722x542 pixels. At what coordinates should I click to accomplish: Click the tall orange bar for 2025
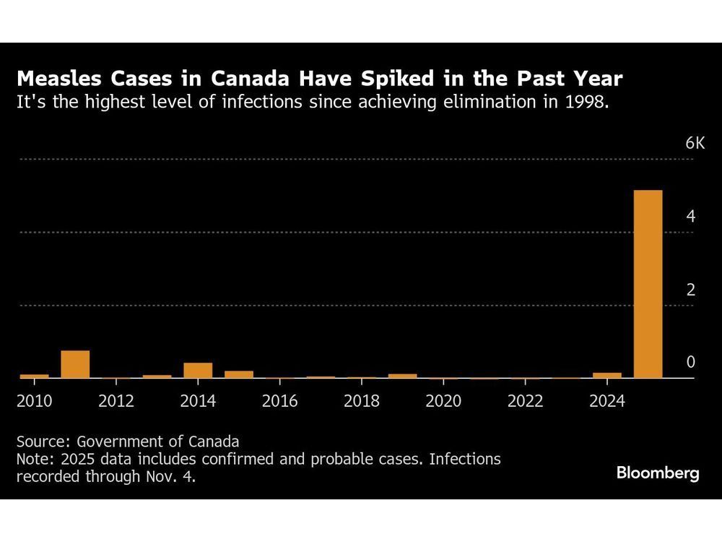648,284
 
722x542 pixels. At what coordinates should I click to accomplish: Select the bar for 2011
75,364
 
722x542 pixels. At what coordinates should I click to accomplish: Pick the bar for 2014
198,370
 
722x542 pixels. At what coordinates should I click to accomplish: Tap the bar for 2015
239,374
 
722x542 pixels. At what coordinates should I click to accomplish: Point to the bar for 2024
607,375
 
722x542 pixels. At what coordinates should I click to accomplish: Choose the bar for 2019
403,376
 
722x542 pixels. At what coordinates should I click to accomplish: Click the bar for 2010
34,376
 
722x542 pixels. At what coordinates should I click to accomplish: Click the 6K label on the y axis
695,144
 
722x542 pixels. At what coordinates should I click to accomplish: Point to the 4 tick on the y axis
690,217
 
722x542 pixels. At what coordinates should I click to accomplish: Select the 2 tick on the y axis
690,290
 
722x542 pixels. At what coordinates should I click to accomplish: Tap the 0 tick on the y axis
690,363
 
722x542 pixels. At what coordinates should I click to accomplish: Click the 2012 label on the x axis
116,401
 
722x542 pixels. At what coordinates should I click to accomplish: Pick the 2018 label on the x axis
361,401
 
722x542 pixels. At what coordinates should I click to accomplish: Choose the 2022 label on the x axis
525,401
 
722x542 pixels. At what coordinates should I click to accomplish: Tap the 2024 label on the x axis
606,401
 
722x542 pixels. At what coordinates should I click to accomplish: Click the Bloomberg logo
658,473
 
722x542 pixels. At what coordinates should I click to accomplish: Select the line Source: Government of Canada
127,441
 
